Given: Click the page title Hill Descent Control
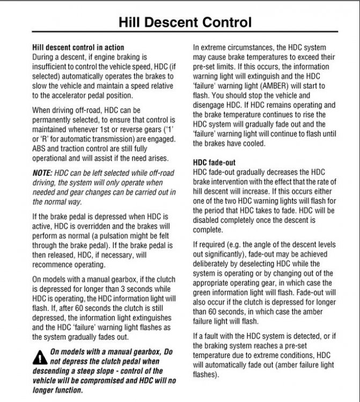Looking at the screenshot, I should click(185, 23).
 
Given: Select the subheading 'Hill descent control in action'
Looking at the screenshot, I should click(78, 48).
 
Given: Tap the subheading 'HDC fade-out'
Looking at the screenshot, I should click(214, 162).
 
